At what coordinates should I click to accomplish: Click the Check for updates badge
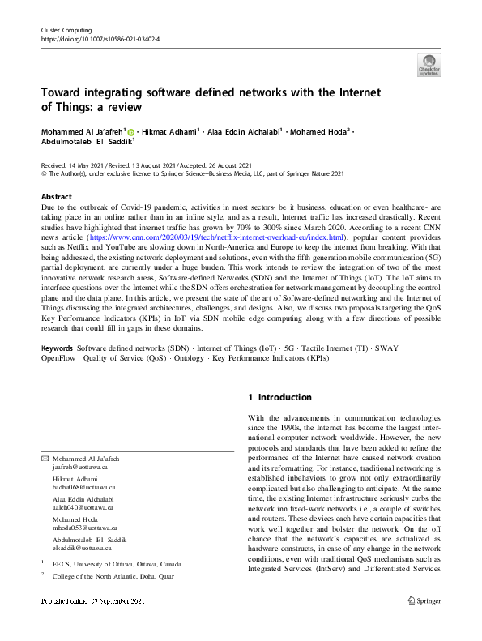[429, 64]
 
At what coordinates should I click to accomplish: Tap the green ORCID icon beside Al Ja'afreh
[130, 130]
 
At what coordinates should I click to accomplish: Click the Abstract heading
[58, 197]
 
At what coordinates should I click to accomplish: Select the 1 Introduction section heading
[279, 397]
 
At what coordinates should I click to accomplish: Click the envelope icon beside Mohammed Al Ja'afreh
[45, 459]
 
